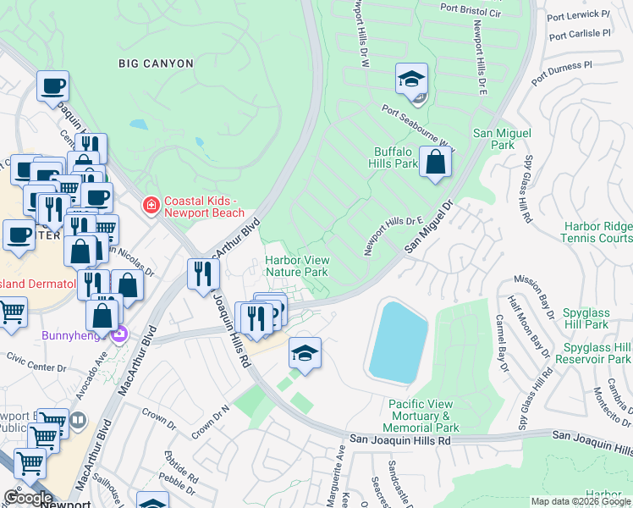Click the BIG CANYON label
coord(156,63)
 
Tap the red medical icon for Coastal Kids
coord(151,206)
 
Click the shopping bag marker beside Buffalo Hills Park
coord(435,163)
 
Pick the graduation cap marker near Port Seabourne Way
coord(411,80)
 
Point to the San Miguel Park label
coord(503,139)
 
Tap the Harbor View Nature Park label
coord(296,267)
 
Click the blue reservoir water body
coord(397,341)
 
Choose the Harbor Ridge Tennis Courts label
coord(597,232)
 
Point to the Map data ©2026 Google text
coord(580,501)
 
